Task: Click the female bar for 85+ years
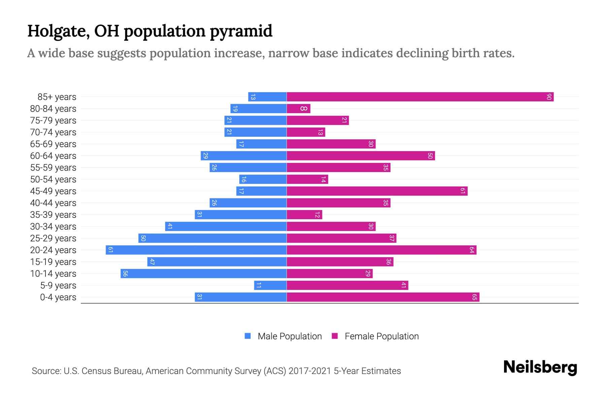(420, 97)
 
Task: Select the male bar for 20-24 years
(196, 250)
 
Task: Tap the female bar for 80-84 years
(298, 109)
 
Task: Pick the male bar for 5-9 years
(270, 285)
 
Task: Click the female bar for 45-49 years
(377, 191)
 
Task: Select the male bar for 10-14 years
(203, 274)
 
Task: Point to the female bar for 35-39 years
(304, 215)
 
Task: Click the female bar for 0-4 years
(383, 297)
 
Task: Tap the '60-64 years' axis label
(53, 156)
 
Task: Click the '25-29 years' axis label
(53, 238)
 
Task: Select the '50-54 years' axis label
(53, 179)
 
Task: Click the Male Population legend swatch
(248, 336)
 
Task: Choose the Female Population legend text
(381, 336)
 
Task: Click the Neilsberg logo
(540, 367)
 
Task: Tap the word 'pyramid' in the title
(241, 31)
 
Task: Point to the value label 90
(549, 97)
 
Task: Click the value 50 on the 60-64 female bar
(430, 156)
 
